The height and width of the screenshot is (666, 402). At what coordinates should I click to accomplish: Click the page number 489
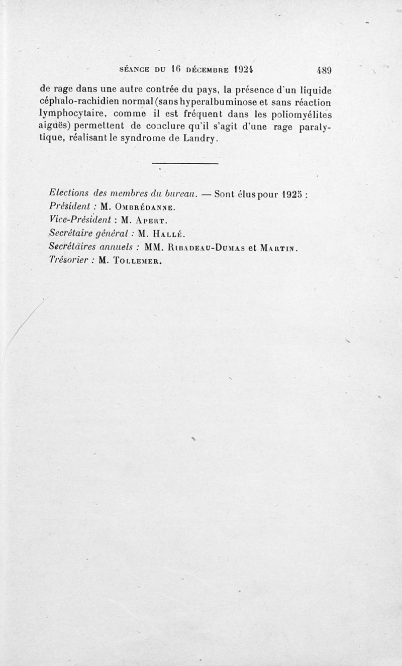point(322,70)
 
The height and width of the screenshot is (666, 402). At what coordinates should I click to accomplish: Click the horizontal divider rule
point(184,163)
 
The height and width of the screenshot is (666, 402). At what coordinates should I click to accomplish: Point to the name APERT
point(149,220)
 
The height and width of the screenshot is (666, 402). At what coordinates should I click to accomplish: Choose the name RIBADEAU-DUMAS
point(207,247)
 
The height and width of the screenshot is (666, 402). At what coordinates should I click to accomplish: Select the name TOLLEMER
point(136,260)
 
